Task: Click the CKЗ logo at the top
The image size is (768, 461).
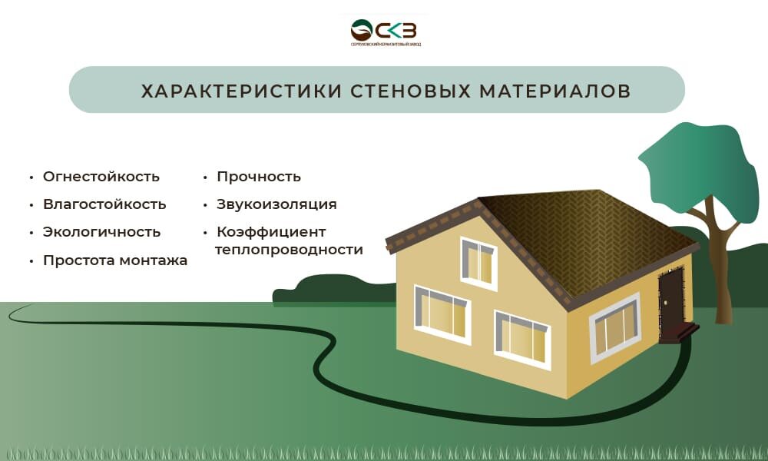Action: coord(384,31)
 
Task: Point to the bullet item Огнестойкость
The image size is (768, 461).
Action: coord(101,177)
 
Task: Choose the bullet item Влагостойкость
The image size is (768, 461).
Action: coord(104,204)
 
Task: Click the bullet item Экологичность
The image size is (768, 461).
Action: coord(101,232)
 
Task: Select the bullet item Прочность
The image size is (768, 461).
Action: coord(258,177)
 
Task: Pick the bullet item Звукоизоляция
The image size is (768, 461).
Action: coord(276,204)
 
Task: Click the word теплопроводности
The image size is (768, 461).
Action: coord(289,250)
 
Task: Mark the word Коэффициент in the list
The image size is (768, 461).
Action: coord(271,232)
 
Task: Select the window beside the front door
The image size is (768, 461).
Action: coord(614,327)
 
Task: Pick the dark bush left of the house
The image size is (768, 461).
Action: coord(330,289)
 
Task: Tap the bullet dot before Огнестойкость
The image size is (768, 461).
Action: coord(31,177)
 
